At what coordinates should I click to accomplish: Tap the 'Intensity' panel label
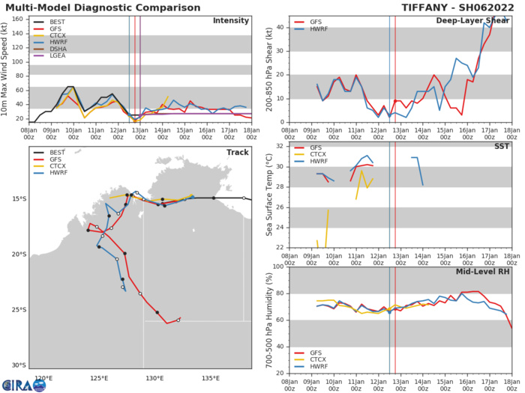coord(230,20)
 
